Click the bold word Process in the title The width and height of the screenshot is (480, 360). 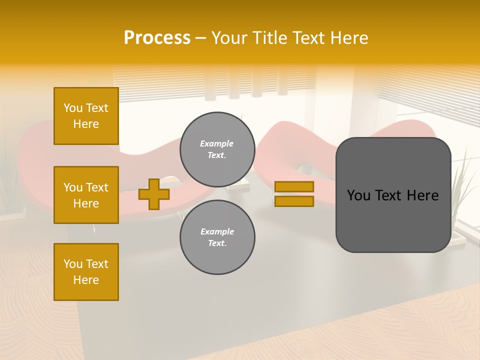click(x=157, y=38)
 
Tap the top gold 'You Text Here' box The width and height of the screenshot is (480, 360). click(x=86, y=116)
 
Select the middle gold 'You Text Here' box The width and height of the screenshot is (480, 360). click(x=86, y=195)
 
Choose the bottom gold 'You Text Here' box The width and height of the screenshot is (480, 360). click(x=86, y=272)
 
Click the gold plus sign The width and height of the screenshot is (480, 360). click(x=154, y=194)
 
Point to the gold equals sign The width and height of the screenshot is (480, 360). click(x=294, y=194)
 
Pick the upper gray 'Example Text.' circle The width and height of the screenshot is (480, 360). click(x=217, y=149)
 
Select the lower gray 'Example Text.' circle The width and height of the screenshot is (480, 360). click(x=217, y=237)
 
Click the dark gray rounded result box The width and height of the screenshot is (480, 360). click(x=393, y=195)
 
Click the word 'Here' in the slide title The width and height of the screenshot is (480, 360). click(x=349, y=38)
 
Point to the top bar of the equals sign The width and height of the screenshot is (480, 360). click(x=294, y=187)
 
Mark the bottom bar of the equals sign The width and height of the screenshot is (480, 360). click(x=294, y=201)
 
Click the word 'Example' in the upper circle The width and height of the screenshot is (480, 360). click(x=216, y=144)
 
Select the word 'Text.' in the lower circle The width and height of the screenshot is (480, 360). click(x=217, y=243)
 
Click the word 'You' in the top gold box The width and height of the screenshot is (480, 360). click(x=73, y=108)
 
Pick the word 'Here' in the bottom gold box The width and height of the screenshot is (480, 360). click(x=86, y=280)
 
